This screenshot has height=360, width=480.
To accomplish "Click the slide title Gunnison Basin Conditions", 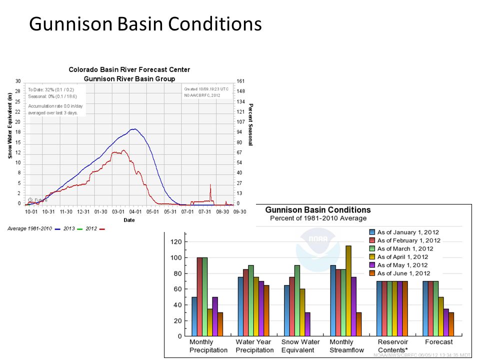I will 145,24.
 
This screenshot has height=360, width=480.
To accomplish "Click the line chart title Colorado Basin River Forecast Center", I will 129,70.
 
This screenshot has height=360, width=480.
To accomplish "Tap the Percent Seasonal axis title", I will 251,124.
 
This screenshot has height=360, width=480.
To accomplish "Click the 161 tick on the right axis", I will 240,81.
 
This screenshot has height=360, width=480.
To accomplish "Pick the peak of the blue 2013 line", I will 133,129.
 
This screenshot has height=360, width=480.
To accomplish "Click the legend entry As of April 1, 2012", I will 399,257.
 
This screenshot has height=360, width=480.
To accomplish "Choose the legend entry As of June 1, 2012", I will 399,273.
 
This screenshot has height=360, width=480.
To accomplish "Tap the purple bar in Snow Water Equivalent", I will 307,324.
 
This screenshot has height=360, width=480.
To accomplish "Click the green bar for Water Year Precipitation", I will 251,300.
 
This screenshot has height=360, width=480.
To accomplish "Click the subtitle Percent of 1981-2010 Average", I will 318,218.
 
